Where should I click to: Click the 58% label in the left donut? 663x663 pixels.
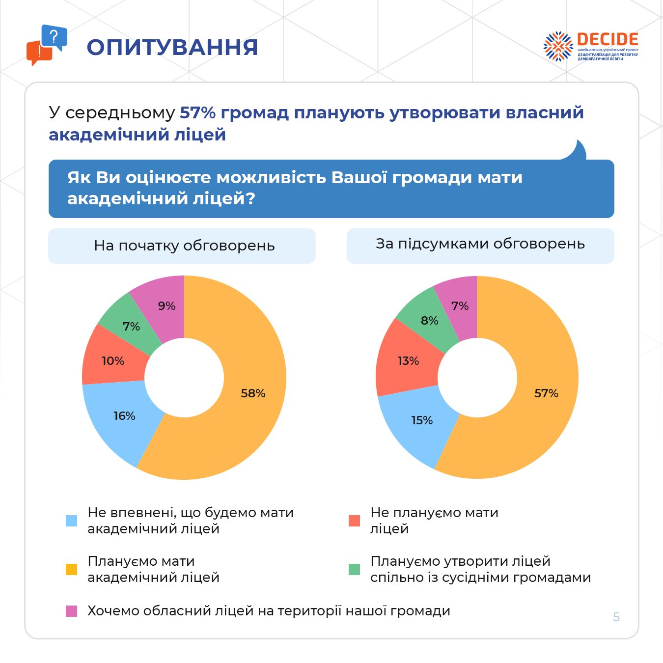(253, 393)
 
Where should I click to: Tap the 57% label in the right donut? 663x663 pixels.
(546, 393)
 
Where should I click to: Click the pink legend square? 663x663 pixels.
(72, 611)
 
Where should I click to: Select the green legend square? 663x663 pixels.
(354, 569)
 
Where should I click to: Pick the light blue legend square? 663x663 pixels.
(72, 521)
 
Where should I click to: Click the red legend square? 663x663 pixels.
(354, 521)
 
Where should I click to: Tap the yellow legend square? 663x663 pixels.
(72, 569)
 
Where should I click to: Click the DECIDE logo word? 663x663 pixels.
(608, 40)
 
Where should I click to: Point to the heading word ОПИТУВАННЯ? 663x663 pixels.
(172, 48)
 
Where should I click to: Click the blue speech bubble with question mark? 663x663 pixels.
(54, 37)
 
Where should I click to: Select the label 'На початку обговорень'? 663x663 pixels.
(184, 246)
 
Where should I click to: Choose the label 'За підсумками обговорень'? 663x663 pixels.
(480, 244)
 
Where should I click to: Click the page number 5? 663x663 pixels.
(616, 617)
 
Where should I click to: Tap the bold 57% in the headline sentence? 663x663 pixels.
(198, 112)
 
